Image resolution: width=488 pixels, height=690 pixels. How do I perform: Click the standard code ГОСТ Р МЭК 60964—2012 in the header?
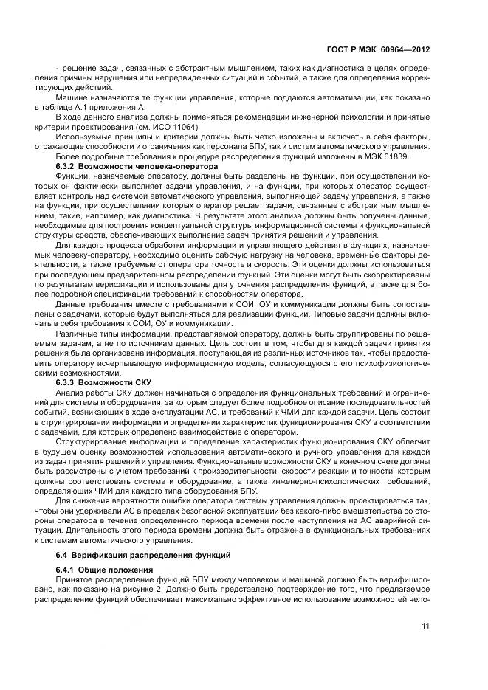tap(384, 49)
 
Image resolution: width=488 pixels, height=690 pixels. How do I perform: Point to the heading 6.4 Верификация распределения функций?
tap(144, 553)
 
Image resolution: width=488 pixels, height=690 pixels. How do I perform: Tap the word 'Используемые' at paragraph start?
tap(83, 137)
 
